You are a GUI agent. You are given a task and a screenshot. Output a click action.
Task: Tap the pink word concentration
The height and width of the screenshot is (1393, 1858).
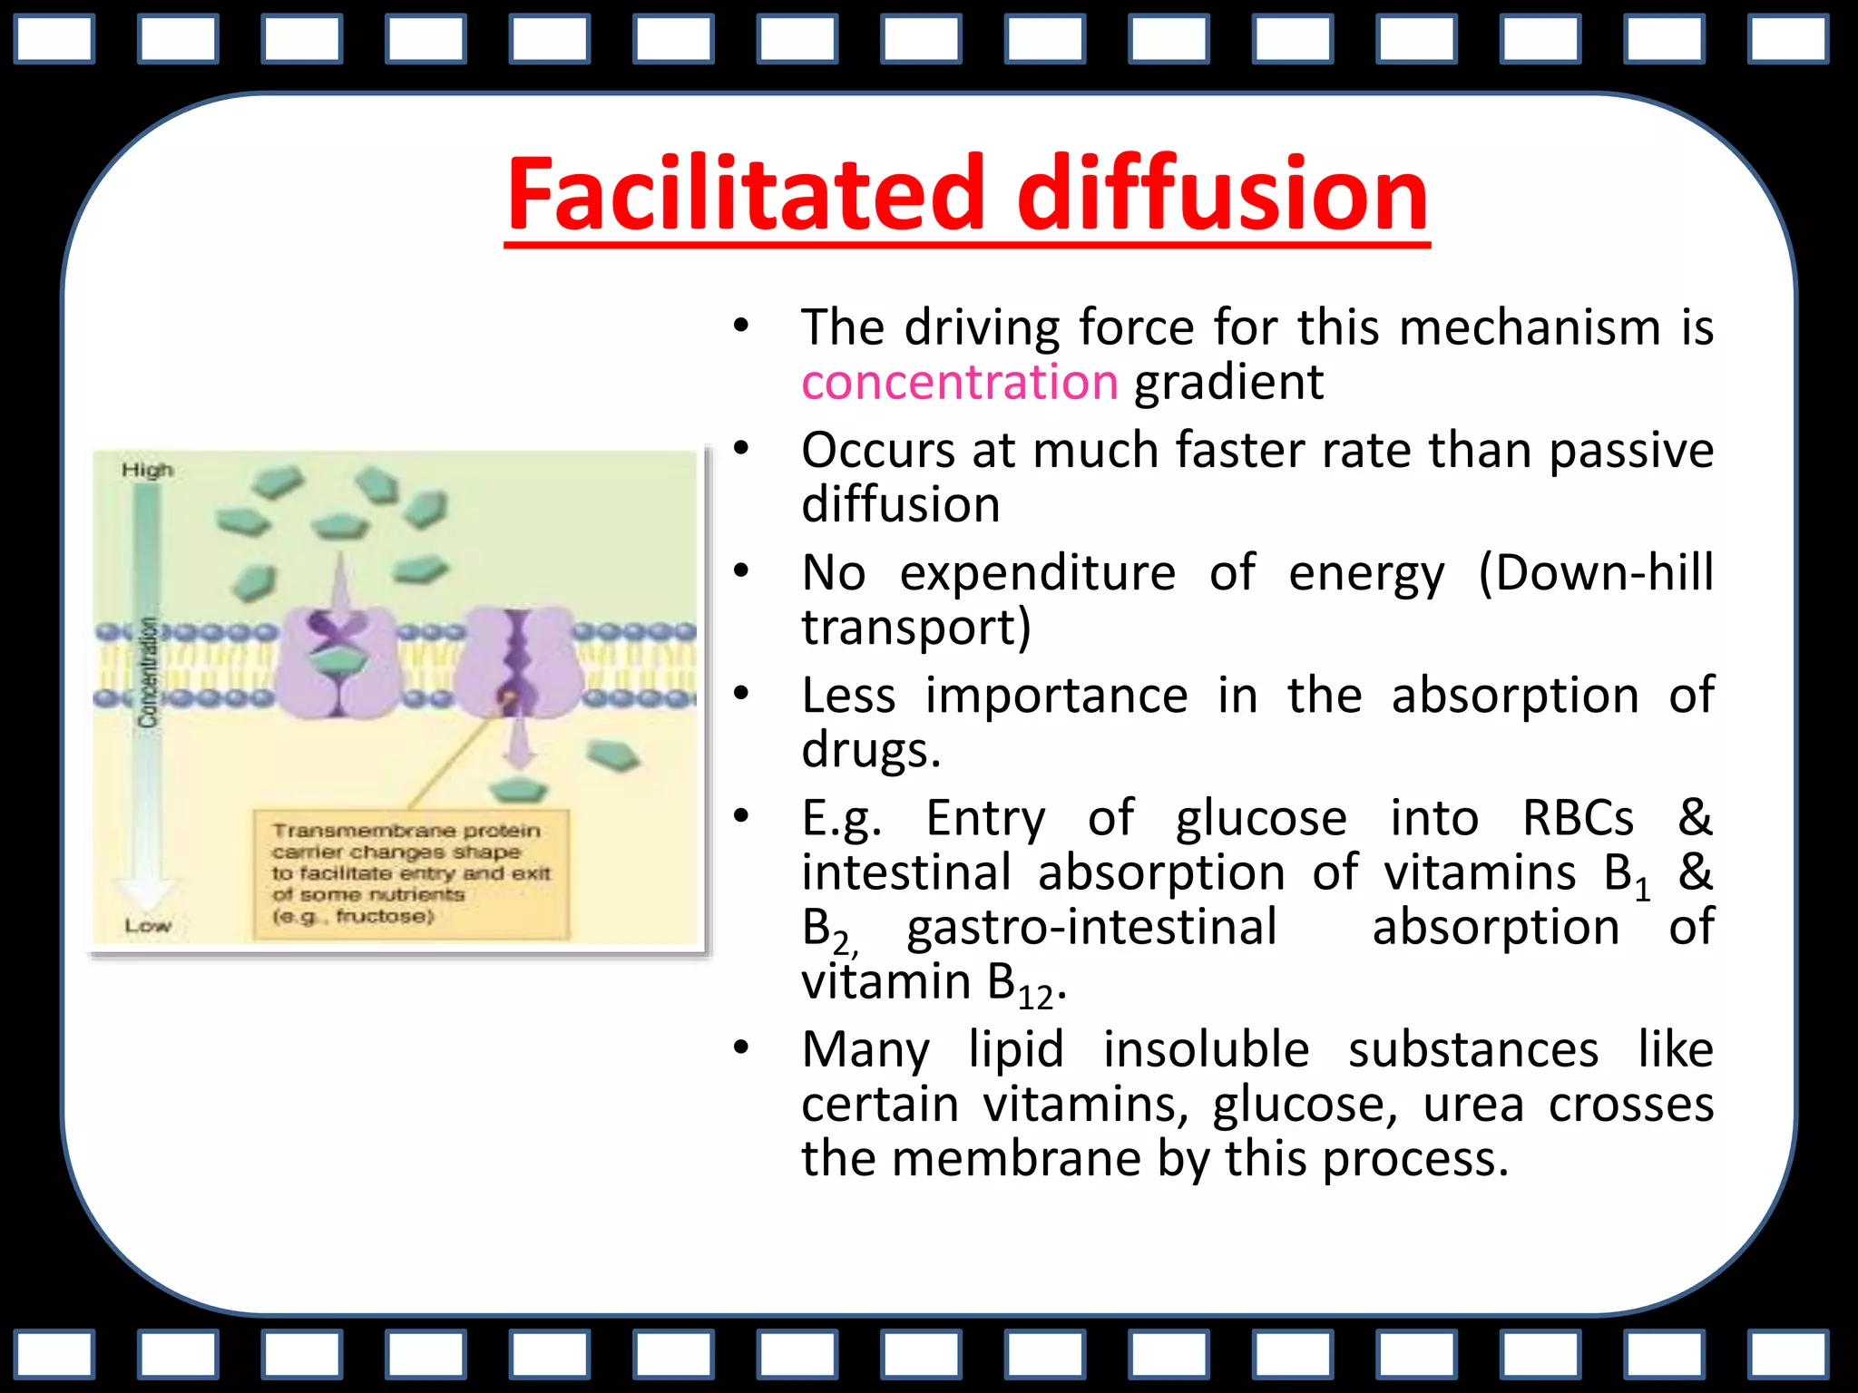point(959,382)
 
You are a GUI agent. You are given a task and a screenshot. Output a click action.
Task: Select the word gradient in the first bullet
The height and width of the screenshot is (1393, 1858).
point(1228,382)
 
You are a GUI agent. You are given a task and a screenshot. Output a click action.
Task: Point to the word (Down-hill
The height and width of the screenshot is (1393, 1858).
point(1595,573)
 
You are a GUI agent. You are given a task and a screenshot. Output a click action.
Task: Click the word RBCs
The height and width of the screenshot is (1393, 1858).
point(1578,818)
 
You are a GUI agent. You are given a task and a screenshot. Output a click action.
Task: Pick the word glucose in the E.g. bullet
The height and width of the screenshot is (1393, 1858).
point(1261,818)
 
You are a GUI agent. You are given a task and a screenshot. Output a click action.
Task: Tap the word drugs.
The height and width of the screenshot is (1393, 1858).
point(871,751)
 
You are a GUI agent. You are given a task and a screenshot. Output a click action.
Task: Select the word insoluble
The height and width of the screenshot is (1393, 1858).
point(1206,1050)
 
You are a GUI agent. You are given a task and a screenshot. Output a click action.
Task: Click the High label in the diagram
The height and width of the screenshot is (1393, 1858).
point(147,470)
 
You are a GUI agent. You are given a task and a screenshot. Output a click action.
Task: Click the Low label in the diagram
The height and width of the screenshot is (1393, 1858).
point(147,926)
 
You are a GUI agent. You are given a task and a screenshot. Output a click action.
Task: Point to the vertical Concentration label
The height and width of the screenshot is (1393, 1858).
point(148,671)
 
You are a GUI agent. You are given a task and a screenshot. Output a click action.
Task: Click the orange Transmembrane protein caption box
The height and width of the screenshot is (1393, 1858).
point(411,873)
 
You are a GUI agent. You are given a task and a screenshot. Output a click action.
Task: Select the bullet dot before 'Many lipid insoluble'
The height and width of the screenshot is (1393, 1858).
point(741,1048)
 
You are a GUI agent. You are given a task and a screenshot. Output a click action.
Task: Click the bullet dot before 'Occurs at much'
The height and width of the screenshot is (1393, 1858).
point(741,448)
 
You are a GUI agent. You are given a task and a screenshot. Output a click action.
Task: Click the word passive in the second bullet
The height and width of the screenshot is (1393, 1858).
point(1630,450)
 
